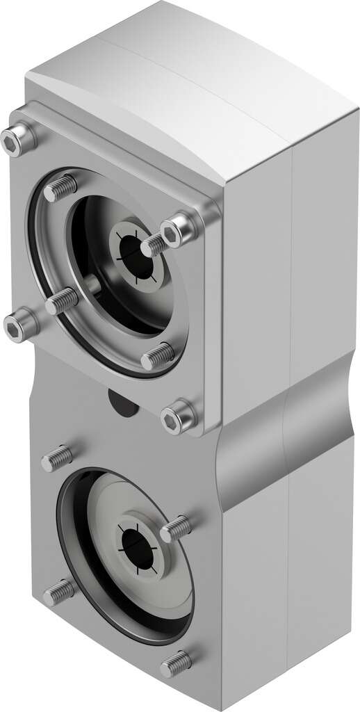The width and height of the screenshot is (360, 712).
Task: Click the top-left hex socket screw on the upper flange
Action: pos(17,143)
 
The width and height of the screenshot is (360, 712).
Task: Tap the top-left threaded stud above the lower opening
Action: pos(56,458)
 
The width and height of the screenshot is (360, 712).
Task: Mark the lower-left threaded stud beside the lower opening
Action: pos(60,592)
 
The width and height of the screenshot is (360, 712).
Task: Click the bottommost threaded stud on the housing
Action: pos(176,664)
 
